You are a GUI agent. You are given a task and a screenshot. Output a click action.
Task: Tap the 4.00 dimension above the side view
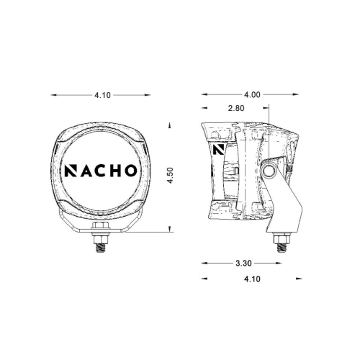pos(252,94)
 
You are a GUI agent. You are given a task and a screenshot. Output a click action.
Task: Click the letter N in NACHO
pos(73,171)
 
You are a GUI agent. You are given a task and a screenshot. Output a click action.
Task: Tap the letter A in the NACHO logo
pos(87,171)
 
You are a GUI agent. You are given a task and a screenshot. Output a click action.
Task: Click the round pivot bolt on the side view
pos(272,171)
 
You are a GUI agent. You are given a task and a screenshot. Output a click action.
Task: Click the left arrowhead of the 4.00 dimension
pos(204,94)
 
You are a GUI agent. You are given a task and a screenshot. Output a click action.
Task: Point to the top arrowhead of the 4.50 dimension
pos(170,125)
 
